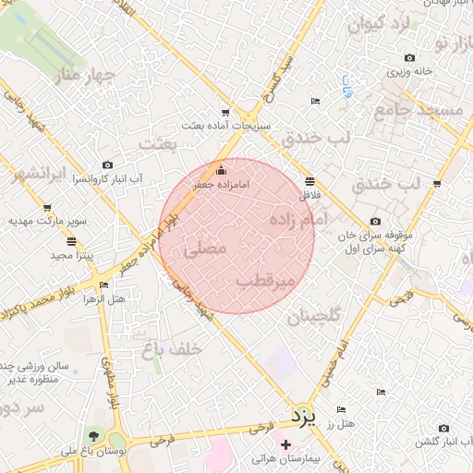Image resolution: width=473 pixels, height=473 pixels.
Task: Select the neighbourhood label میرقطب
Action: tap(265, 279)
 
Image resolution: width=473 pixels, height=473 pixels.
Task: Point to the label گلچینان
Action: tap(313, 316)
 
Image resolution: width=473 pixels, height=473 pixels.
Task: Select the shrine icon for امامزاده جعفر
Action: tap(220, 170)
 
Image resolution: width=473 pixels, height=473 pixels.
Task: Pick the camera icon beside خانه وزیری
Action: tap(409, 57)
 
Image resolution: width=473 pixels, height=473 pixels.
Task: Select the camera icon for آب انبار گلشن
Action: tap(444, 428)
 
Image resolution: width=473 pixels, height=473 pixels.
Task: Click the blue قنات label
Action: tap(346, 88)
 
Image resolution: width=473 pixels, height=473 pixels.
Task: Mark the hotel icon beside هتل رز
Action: tap(341, 409)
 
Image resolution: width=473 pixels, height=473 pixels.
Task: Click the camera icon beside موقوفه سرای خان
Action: tap(375, 221)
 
